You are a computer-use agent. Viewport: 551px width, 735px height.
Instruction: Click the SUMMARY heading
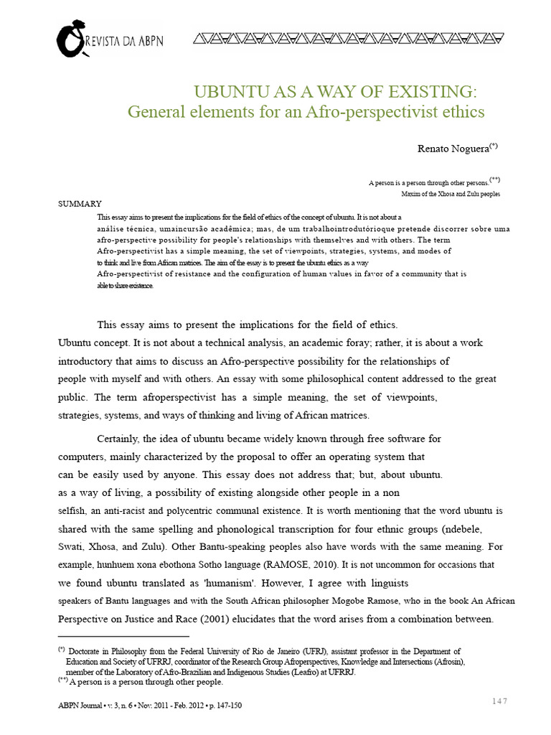80,203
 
